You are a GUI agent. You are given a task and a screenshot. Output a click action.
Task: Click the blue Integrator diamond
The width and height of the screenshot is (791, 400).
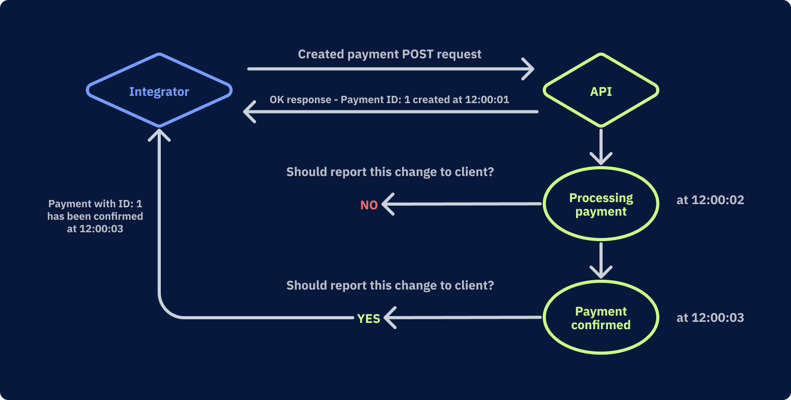pyautogui.click(x=159, y=54)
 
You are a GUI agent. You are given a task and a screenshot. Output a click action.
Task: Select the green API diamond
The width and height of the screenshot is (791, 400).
pyautogui.click(x=601, y=54)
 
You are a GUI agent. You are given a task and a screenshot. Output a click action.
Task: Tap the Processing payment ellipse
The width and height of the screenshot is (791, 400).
pyautogui.click(x=601, y=167)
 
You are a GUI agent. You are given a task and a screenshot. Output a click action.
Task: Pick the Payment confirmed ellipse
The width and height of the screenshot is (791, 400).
pyautogui.click(x=601, y=281)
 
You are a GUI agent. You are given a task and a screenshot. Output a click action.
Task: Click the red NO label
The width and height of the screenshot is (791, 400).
pyautogui.click(x=369, y=205)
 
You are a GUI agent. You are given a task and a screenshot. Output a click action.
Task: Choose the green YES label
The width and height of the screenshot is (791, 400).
pyautogui.click(x=368, y=319)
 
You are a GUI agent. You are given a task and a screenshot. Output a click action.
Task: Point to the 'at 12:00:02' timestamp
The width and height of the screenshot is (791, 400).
pyautogui.click(x=710, y=200)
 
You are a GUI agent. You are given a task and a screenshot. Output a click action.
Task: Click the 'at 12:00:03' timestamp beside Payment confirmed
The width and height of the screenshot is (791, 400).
pyautogui.click(x=710, y=318)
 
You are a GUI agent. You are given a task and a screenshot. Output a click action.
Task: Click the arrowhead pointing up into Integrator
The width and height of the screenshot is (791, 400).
pyautogui.click(x=159, y=134)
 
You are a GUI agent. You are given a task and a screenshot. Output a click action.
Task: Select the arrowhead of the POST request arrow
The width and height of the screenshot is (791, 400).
pyautogui.click(x=528, y=69)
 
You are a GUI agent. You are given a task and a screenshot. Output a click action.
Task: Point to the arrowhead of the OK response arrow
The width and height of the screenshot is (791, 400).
pyautogui.click(x=250, y=111)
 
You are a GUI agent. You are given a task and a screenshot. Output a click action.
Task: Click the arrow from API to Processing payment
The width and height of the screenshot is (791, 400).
pyautogui.click(x=601, y=147)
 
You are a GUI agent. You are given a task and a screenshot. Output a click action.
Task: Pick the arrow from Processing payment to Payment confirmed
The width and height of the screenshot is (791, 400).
pyautogui.click(x=601, y=260)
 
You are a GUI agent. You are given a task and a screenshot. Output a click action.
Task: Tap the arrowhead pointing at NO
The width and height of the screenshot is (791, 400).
pyautogui.click(x=388, y=204)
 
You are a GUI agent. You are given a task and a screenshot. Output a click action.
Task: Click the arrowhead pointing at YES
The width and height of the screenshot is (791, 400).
pyautogui.click(x=390, y=318)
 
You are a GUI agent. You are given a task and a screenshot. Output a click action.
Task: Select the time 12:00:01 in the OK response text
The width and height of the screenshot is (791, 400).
pyautogui.click(x=487, y=99)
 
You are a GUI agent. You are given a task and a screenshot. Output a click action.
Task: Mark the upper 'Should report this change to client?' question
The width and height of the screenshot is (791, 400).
pyautogui.click(x=390, y=172)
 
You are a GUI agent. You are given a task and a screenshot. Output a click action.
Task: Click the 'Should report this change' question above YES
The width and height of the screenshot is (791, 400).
pyautogui.click(x=390, y=285)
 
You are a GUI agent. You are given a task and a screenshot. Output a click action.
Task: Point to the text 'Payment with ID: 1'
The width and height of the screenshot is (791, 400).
pyautogui.click(x=95, y=204)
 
